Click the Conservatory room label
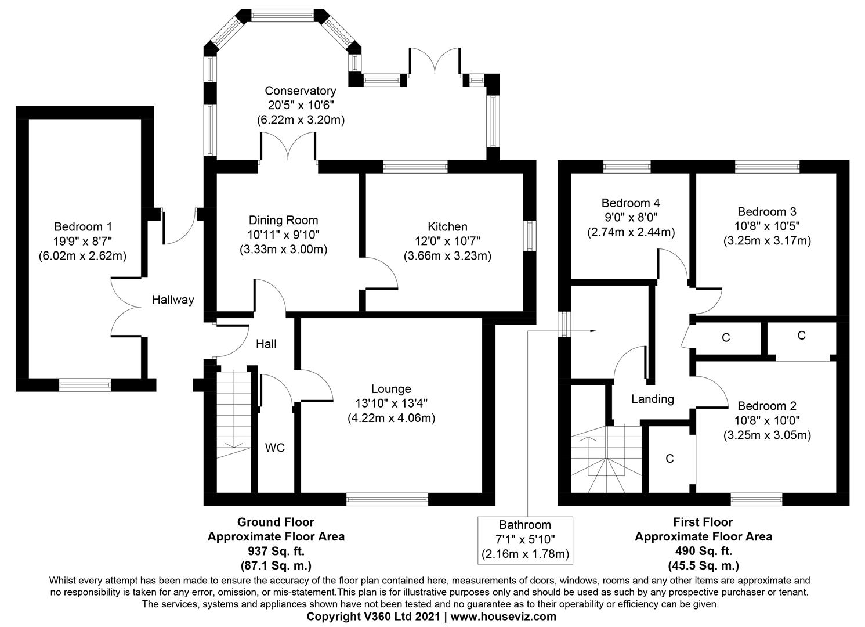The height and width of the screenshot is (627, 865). [x=300, y=91]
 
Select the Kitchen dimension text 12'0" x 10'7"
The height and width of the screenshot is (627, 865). [x=447, y=241]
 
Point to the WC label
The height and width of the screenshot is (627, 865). [x=275, y=448]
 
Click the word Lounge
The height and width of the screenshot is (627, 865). [x=391, y=389]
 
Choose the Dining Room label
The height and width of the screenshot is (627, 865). [x=283, y=220]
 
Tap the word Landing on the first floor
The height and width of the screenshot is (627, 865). [x=653, y=399]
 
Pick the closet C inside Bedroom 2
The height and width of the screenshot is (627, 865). [x=669, y=459]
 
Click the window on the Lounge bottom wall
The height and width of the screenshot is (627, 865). [x=387, y=498]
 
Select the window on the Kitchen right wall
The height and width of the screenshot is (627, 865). [x=530, y=236]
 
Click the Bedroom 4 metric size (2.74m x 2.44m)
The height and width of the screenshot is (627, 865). [x=631, y=232]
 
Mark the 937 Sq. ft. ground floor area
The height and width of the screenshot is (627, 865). [x=276, y=551]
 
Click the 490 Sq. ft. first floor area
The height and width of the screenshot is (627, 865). [x=703, y=551]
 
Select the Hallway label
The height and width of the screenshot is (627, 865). [x=173, y=300]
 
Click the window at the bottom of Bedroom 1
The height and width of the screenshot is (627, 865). [x=85, y=384]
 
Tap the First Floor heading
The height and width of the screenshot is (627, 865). [x=703, y=522]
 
